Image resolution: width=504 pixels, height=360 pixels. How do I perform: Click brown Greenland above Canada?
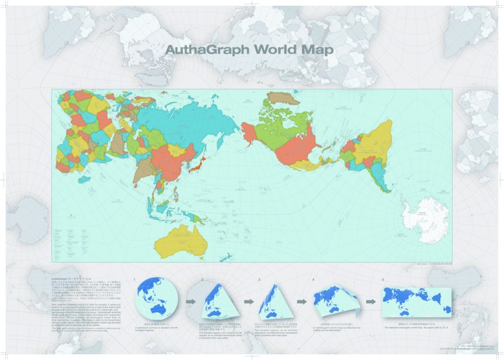[x=278, y=101]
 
